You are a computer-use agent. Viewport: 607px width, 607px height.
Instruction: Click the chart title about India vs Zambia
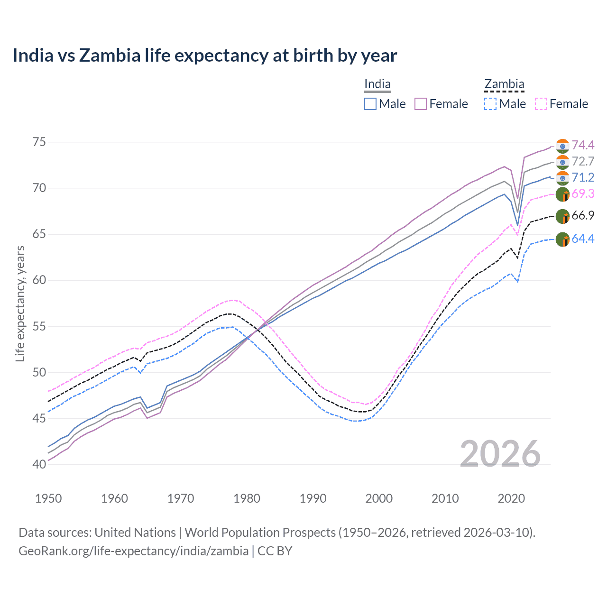(x=204, y=55)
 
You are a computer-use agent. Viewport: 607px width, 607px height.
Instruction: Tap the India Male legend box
(x=370, y=104)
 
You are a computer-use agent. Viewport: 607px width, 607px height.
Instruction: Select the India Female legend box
(x=421, y=104)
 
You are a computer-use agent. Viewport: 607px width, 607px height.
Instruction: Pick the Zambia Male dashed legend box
(x=490, y=104)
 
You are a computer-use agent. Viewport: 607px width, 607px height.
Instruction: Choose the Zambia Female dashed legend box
(x=541, y=104)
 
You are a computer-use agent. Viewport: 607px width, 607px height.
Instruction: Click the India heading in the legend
(x=377, y=84)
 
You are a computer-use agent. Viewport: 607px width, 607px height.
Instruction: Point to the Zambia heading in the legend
(x=504, y=84)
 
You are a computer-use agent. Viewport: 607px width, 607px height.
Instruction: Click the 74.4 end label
(x=583, y=145)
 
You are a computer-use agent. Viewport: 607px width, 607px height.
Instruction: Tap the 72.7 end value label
(x=583, y=161)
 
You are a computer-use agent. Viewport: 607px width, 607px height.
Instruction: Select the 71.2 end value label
(x=583, y=177)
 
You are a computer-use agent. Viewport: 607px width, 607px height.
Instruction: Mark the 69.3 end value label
(x=583, y=193)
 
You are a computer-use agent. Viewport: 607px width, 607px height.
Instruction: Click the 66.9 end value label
(x=583, y=215)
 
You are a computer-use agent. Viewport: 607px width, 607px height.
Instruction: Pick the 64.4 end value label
(x=583, y=239)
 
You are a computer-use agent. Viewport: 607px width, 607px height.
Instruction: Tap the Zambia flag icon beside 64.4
(x=562, y=239)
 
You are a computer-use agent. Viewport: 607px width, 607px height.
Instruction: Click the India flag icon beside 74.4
(x=562, y=146)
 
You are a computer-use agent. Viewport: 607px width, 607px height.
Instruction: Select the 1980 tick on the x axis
(x=247, y=498)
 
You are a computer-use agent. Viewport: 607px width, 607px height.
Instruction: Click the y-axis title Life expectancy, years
(x=20, y=303)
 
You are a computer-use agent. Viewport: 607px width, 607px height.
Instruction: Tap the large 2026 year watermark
(x=500, y=454)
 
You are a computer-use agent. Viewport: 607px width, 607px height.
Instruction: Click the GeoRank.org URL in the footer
(x=133, y=551)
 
